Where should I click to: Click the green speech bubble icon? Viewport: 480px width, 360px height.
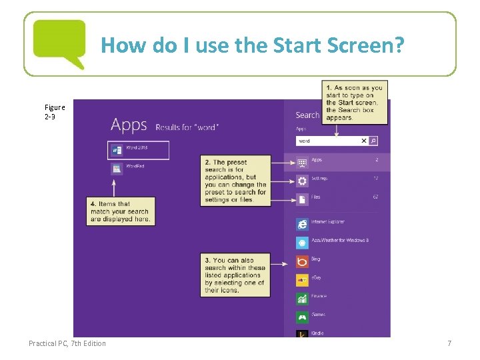(59, 41)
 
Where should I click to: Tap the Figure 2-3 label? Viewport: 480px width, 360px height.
(55, 111)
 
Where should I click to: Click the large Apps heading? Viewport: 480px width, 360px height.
(129, 125)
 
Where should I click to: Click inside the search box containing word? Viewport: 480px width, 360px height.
(327, 141)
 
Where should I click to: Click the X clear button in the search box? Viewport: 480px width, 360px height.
(364, 141)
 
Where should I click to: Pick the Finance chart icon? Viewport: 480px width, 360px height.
(302, 299)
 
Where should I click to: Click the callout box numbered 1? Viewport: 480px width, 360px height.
(354, 103)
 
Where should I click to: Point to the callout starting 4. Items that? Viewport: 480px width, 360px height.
(121, 211)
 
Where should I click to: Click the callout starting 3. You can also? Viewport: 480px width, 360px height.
(235, 275)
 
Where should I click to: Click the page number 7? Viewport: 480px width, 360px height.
(449, 343)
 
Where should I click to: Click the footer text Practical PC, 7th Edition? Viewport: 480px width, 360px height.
(67, 343)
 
